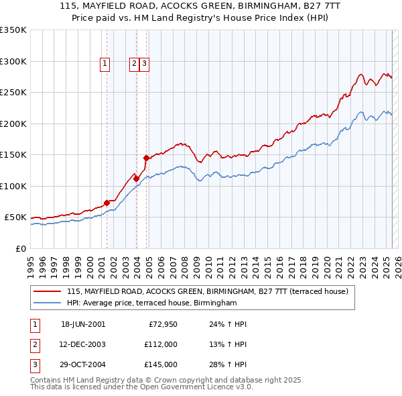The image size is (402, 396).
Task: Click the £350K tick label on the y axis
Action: point(13,30)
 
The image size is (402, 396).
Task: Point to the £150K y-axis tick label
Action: point(13,155)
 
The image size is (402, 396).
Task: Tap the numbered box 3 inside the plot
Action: point(145,64)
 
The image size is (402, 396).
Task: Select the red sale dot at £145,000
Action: point(146,158)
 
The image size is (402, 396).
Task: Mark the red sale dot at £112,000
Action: point(136,179)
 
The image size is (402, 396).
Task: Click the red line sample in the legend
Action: point(47,292)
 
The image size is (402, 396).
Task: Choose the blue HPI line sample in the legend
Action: point(47,303)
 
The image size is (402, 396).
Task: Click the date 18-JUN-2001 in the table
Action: point(83,324)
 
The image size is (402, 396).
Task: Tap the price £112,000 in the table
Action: point(160,344)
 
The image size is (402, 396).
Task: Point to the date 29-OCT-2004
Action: point(83,364)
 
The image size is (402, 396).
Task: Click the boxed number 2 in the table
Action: point(33,344)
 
